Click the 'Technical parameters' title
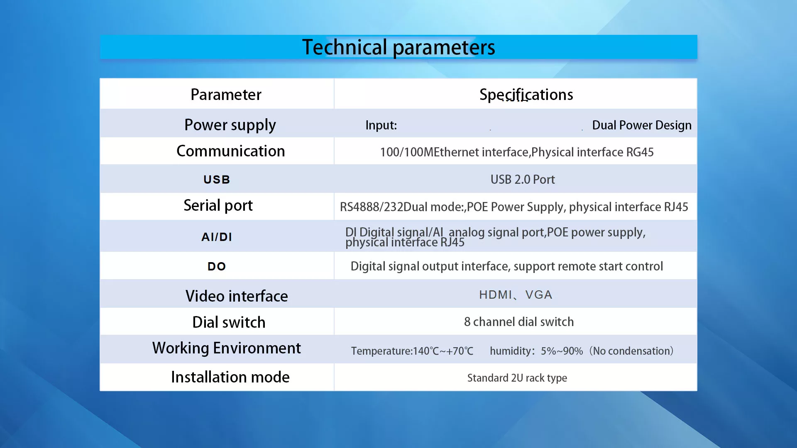click(x=398, y=47)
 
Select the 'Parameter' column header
click(x=226, y=95)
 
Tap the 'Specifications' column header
click(x=526, y=95)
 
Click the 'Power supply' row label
click(x=230, y=125)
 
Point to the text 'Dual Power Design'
click(x=642, y=125)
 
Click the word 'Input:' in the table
click(x=381, y=125)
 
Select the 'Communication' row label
click(x=231, y=151)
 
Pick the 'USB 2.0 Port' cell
click(x=523, y=180)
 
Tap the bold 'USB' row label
click(x=217, y=180)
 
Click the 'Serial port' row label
click(x=218, y=206)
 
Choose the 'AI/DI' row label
click(x=217, y=237)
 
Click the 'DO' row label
click(x=217, y=266)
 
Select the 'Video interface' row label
click(x=237, y=296)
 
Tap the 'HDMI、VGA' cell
click(x=516, y=295)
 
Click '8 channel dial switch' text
click(x=519, y=322)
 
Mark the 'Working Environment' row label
click(x=227, y=348)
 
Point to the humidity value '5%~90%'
click(x=562, y=351)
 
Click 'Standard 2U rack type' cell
click(x=517, y=378)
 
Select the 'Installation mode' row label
click(x=230, y=377)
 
